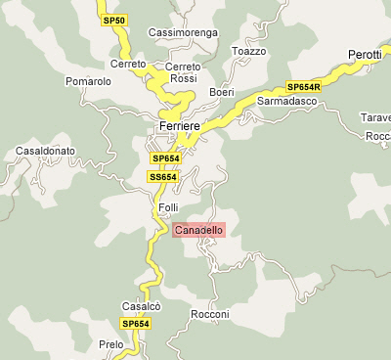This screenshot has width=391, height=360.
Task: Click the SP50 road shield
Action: (x=114, y=21)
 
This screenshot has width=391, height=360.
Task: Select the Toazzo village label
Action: (x=248, y=51)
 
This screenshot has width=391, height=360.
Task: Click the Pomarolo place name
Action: (x=88, y=81)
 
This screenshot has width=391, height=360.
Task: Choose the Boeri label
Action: (x=222, y=92)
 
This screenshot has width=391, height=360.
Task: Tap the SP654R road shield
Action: (x=303, y=86)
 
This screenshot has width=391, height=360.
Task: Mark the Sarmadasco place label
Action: (x=288, y=101)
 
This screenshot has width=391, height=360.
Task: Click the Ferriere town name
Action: (x=179, y=127)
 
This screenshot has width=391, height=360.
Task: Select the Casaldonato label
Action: (x=46, y=153)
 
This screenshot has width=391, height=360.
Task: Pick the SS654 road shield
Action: (x=162, y=177)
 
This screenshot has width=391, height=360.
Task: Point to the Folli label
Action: (x=169, y=208)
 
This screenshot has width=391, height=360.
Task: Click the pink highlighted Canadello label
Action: (x=198, y=230)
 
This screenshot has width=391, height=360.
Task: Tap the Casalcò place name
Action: (x=141, y=305)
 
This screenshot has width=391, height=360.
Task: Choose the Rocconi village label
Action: (x=209, y=314)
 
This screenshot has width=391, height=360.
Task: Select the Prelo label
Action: (x=111, y=344)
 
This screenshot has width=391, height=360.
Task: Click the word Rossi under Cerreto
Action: (x=183, y=78)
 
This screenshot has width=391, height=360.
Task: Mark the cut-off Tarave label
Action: (x=376, y=117)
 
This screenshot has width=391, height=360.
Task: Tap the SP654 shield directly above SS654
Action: (x=164, y=158)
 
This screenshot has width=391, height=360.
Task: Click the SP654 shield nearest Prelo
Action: (x=135, y=324)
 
